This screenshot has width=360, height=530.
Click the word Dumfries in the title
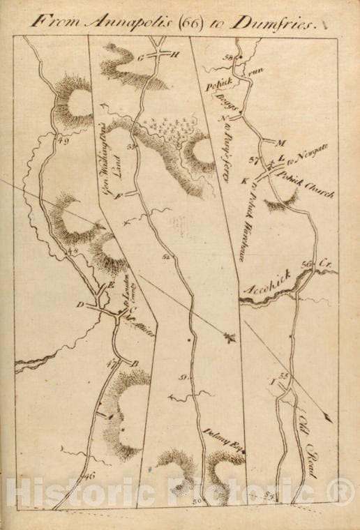click(279, 22)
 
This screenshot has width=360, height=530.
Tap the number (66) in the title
click(179, 22)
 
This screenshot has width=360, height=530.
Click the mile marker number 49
click(64, 142)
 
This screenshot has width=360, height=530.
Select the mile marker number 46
click(88, 476)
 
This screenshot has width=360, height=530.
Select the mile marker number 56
click(305, 264)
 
